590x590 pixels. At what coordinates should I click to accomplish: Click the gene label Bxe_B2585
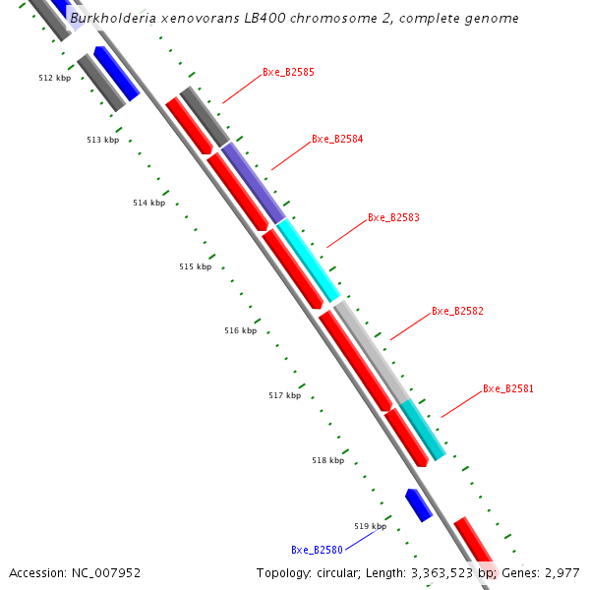(x=288, y=73)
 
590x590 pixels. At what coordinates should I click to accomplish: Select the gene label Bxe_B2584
(x=337, y=140)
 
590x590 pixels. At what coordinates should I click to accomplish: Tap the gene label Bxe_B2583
(x=393, y=217)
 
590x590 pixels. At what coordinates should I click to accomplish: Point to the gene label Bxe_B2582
(x=457, y=312)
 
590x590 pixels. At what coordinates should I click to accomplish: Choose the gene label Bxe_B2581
(x=508, y=389)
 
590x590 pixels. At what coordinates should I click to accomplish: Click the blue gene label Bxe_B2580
(x=317, y=551)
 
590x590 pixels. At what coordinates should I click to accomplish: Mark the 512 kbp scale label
(x=55, y=78)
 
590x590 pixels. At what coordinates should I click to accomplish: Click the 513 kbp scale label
(x=102, y=141)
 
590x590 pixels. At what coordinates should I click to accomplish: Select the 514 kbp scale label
(x=149, y=204)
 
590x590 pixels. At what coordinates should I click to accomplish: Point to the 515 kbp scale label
(x=195, y=267)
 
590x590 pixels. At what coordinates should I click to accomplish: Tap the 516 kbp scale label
(x=240, y=331)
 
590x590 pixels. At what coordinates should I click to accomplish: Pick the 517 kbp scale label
(x=284, y=396)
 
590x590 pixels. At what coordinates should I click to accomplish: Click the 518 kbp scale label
(x=327, y=461)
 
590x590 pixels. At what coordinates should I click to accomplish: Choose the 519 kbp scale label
(x=370, y=527)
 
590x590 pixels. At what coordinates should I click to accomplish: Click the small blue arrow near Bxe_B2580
(x=419, y=504)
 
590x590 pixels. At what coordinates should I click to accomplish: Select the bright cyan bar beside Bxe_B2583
(x=308, y=260)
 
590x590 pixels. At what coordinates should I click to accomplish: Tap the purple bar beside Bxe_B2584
(x=253, y=182)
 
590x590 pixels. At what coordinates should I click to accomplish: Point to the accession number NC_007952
(x=103, y=573)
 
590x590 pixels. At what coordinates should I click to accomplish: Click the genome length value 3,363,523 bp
(x=453, y=573)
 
